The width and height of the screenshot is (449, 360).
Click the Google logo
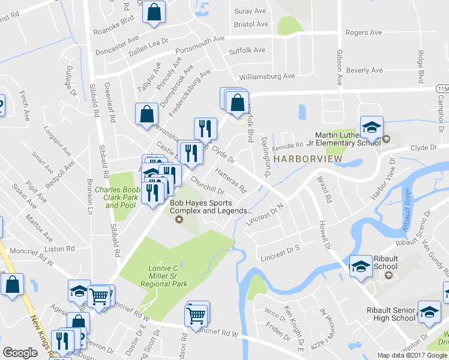pos(20,353)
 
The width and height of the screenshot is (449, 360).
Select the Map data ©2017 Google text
pos(412,355)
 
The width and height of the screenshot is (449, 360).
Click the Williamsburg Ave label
pos(267,76)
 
